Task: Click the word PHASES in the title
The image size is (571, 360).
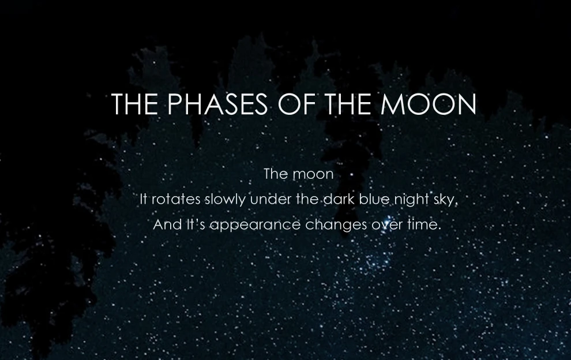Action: click(218, 104)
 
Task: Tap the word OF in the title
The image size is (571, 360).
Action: click(297, 104)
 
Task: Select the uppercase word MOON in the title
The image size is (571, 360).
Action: click(428, 104)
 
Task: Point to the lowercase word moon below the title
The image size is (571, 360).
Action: click(314, 174)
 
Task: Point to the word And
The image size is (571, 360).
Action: click(167, 224)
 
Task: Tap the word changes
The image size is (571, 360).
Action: click(336, 226)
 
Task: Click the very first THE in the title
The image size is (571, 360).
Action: click(134, 104)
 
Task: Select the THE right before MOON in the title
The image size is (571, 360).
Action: click(348, 104)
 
